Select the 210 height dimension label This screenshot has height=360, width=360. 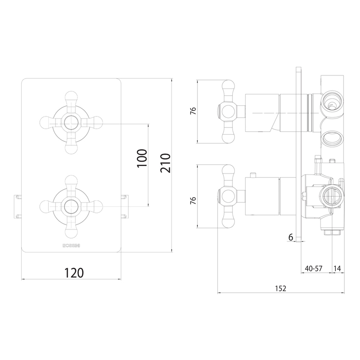tap(166, 163)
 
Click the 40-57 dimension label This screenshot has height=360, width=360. tap(314, 269)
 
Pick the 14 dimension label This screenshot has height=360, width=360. tap(338, 269)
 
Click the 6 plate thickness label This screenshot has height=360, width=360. tap(291, 238)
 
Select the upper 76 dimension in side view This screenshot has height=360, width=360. tap(193, 112)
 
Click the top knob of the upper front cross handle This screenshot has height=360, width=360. tap(71, 95)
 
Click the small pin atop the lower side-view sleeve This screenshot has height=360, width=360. tap(253, 175)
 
